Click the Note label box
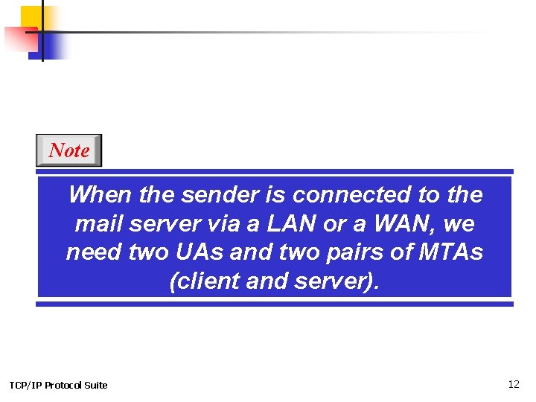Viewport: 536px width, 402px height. [68, 150]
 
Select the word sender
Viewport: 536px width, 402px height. [218, 195]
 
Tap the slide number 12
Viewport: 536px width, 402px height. [513, 384]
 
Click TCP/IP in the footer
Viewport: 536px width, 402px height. [25, 385]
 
